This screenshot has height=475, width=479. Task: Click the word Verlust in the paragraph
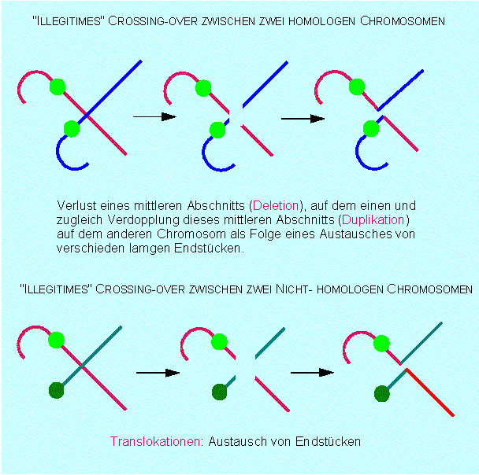(76, 204)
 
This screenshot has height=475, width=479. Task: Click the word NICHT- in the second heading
(286, 289)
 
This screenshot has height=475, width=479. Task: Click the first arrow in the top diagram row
(154, 117)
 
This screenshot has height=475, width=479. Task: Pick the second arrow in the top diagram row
(303, 119)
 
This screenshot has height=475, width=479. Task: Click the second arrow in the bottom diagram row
(310, 373)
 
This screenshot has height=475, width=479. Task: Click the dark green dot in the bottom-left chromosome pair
(56, 389)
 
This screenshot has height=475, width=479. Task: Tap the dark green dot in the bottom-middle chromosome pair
(220, 391)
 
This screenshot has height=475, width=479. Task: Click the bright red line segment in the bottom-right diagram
(429, 392)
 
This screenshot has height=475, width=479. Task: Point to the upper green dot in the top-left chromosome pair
(56, 86)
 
